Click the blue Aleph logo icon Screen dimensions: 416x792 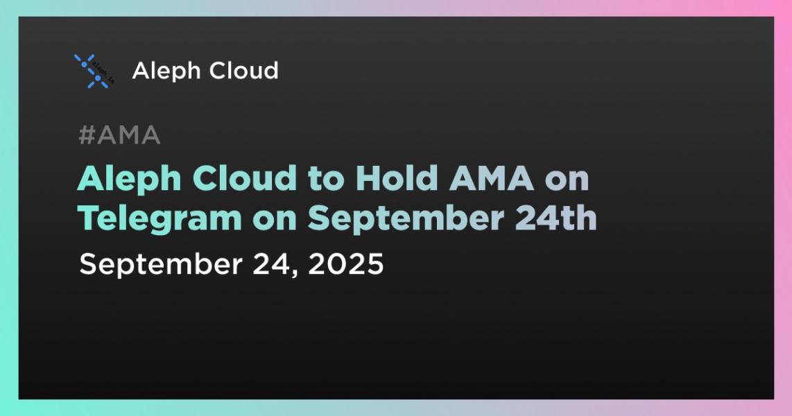click(92, 71)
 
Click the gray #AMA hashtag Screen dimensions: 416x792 click(119, 137)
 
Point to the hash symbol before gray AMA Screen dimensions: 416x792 click(86, 137)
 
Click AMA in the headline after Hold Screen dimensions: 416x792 click(489, 180)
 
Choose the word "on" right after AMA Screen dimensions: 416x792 click(567, 180)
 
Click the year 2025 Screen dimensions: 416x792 click(354, 264)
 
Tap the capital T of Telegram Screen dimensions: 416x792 click(88, 218)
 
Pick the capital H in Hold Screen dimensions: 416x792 click(367, 180)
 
